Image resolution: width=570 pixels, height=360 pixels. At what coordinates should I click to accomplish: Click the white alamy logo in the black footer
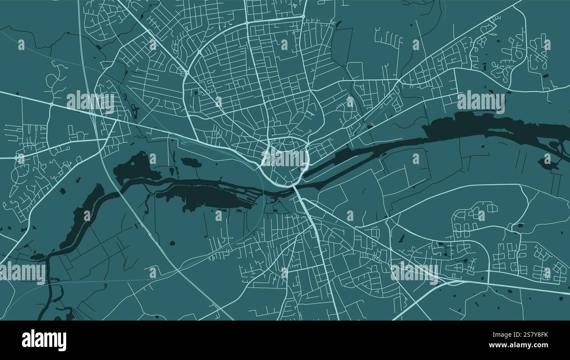click(44, 340)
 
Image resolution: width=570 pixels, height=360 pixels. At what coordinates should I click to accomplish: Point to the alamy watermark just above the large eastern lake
click(481, 101)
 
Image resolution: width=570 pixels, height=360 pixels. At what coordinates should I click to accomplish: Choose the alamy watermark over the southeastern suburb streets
click(414, 272)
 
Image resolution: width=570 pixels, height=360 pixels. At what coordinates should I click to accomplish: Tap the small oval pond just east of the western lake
click(191, 162)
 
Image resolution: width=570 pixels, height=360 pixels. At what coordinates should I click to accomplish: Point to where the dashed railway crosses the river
click(265, 193)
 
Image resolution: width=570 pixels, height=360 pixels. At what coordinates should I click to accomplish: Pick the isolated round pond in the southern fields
click(172, 242)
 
